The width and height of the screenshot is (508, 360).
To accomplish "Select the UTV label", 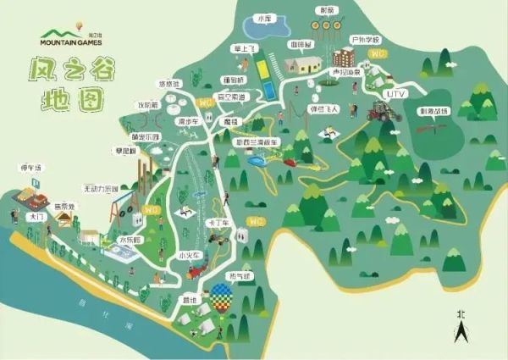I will click(396, 92).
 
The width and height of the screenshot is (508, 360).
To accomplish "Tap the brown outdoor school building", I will click(343, 58).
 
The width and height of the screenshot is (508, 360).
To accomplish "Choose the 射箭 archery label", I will click(327, 10).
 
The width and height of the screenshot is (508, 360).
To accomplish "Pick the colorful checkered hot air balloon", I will click(222, 297).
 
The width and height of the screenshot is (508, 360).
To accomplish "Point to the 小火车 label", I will click(187, 254).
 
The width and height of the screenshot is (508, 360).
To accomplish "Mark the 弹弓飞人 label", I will click(324, 109).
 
